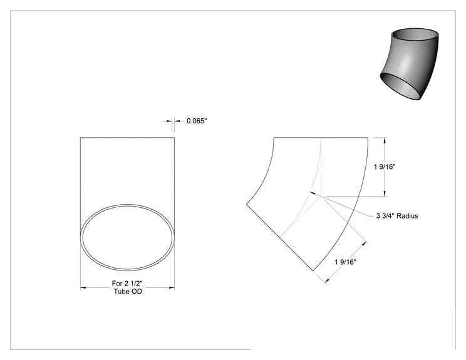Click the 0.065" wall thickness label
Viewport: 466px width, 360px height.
(x=197, y=121)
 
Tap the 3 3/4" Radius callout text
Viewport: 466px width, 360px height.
(x=397, y=216)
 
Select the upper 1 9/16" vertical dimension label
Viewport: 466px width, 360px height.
(x=385, y=167)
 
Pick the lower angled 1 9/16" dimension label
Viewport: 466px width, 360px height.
(x=345, y=262)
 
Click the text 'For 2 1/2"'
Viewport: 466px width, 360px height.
(x=127, y=284)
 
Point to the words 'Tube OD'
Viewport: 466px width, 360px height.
(x=128, y=291)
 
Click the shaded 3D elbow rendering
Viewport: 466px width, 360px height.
(x=409, y=64)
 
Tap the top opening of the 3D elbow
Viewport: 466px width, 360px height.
(x=415, y=35)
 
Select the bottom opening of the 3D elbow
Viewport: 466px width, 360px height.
(x=401, y=86)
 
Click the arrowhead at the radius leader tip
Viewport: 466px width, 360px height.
(x=313, y=193)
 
